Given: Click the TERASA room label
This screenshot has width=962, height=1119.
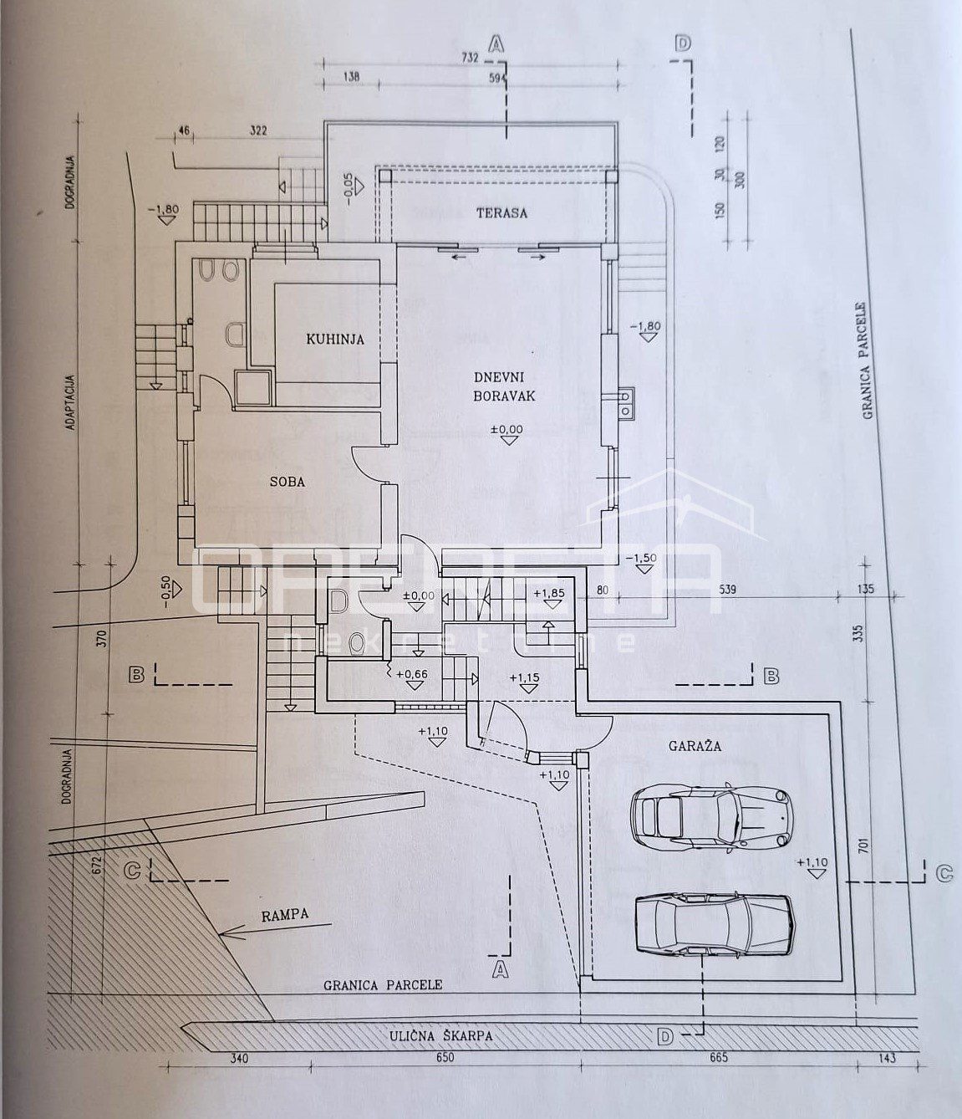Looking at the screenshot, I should pyautogui.click(x=501, y=212).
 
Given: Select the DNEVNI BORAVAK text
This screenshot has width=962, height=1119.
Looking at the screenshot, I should pyautogui.click(x=501, y=387).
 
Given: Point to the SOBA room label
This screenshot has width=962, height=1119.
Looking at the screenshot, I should pyautogui.click(x=287, y=482).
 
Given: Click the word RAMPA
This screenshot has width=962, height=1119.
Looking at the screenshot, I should pyautogui.click(x=283, y=914).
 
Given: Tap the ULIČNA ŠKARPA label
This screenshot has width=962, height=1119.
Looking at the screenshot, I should pyautogui.click(x=441, y=1035).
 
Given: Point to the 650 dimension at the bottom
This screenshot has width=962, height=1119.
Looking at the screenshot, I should pyautogui.click(x=445, y=1058).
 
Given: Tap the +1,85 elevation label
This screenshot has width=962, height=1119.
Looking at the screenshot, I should pyautogui.click(x=547, y=595).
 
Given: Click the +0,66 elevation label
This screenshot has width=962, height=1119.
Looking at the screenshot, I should pyautogui.click(x=412, y=673).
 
